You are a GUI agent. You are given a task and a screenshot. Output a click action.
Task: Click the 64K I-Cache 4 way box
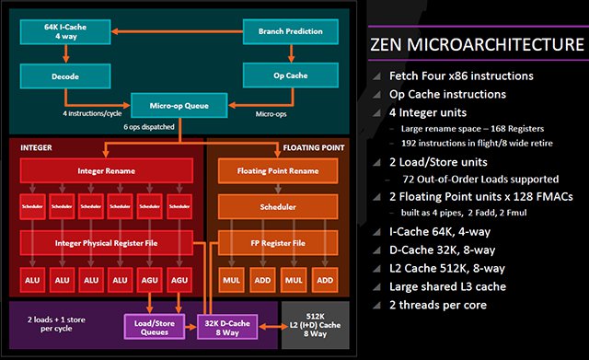tap(64, 31)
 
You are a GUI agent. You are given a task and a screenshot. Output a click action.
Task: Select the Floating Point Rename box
tap(276, 170)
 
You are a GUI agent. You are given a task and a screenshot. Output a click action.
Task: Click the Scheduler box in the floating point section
tap(276, 207)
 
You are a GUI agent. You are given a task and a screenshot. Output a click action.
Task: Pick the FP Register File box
tap(276, 243)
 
